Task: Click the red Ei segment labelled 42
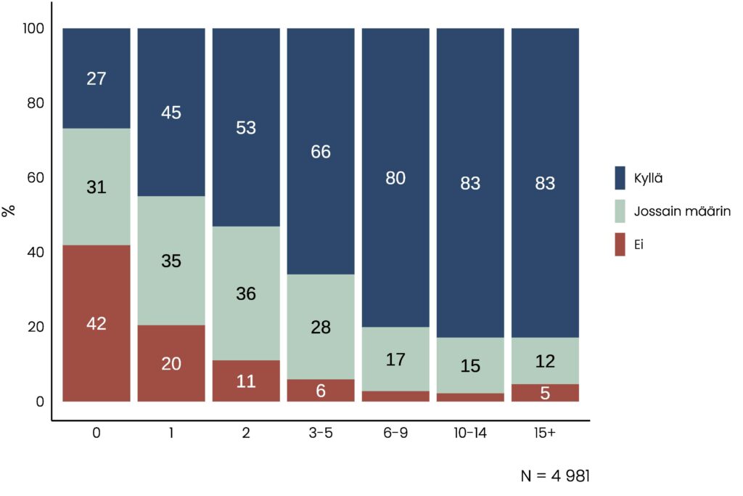click(x=97, y=323)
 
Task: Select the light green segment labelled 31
click(x=97, y=187)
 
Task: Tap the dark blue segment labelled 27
click(x=97, y=78)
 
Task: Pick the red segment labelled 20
click(x=171, y=363)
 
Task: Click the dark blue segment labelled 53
click(x=246, y=127)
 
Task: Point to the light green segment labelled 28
click(x=321, y=327)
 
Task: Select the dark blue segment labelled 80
click(x=395, y=177)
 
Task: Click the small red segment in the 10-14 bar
click(x=470, y=397)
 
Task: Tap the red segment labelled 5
click(x=545, y=393)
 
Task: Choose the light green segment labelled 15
click(x=470, y=365)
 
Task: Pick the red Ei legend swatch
click(x=620, y=245)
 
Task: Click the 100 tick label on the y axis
click(x=34, y=28)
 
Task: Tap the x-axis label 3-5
click(x=320, y=433)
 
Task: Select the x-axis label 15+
click(x=544, y=433)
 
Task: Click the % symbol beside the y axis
click(x=9, y=211)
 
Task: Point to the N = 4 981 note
click(x=555, y=476)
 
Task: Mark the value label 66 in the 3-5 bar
click(x=321, y=152)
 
